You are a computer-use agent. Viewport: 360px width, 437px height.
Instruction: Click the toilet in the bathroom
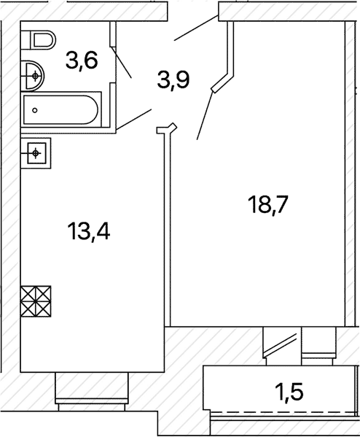tap(38, 40)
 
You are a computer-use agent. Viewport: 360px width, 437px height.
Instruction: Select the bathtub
tap(60, 110)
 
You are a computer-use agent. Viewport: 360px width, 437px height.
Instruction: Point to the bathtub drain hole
tap(35, 110)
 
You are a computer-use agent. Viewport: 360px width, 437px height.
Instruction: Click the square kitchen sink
tap(36, 153)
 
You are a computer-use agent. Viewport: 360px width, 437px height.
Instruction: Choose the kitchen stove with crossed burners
tap(36, 301)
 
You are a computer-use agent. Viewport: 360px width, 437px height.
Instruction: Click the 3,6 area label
tap(82, 61)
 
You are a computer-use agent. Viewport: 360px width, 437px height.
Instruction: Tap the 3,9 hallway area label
tap(173, 80)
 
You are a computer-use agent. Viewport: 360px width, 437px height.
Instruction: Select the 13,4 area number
tap(88, 231)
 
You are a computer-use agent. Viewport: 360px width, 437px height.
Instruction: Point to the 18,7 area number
tap(267, 205)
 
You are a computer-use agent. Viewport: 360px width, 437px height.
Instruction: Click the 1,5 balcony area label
tap(289, 392)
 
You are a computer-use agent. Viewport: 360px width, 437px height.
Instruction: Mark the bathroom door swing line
tap(121, 62)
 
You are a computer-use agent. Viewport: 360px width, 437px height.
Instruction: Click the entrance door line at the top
tap(196, 28)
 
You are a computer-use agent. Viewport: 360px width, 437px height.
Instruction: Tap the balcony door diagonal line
tap(280, 345)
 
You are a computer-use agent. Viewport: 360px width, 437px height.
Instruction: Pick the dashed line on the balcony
tap(283, 412)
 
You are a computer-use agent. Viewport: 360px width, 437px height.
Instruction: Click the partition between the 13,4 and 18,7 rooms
tap(167, 228)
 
